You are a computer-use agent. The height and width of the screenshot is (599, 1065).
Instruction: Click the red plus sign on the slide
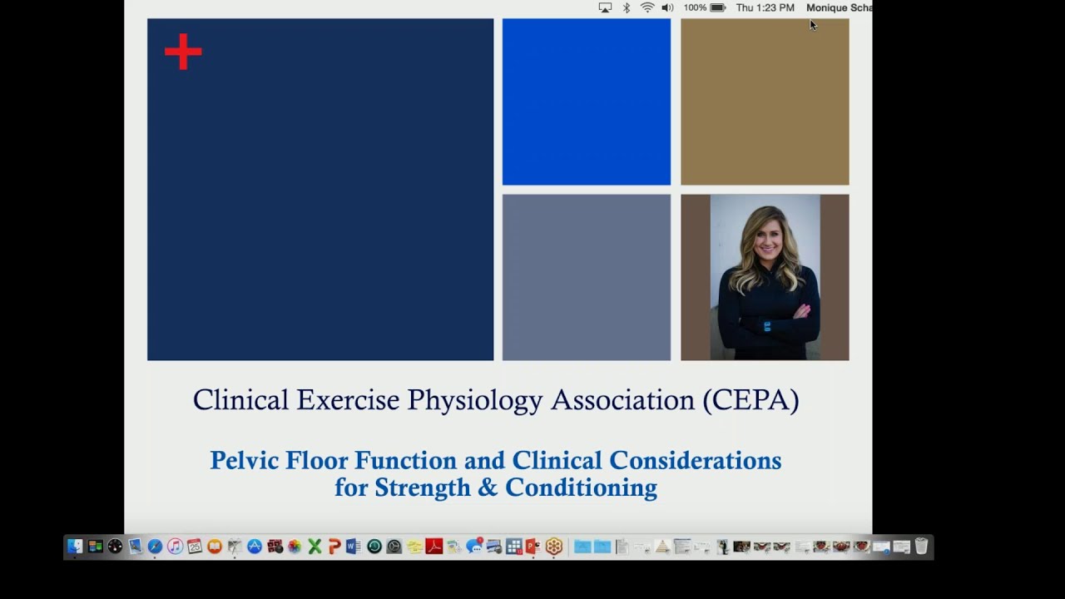(x=183, y=52)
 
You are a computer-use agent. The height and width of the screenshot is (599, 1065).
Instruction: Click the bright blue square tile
(x=586, y=101)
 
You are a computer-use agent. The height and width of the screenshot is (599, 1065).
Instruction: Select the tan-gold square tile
(x=765, y=101)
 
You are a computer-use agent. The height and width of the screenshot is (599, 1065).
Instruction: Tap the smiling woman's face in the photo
(x=764, y=236)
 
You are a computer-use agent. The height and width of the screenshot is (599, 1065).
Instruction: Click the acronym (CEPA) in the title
(x=750, y=400)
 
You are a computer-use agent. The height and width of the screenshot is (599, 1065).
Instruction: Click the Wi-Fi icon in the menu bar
(x=647, y=7)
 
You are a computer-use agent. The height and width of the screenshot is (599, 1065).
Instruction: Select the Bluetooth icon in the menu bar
(x=627, y=7)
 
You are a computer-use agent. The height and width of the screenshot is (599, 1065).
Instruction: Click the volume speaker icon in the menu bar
(x=667, y=7)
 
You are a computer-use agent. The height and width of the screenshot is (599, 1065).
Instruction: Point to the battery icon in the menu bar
(x=718, y=7)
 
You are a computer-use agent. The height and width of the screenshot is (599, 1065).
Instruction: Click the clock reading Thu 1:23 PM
(x=765, y=7)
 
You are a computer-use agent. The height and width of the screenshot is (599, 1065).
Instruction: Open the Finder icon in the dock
(x=75, y=547)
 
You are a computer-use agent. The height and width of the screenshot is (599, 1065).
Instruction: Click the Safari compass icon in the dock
(x=155, y=547)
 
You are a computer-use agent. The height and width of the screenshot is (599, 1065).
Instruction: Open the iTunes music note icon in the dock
(x=175, y=547)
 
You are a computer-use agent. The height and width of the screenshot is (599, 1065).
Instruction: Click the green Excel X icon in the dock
(x=315, y=547)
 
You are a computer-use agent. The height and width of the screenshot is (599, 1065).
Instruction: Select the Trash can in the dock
(x=921, y=547)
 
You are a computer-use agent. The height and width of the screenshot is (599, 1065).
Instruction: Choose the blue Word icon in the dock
(x=354, y=547)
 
